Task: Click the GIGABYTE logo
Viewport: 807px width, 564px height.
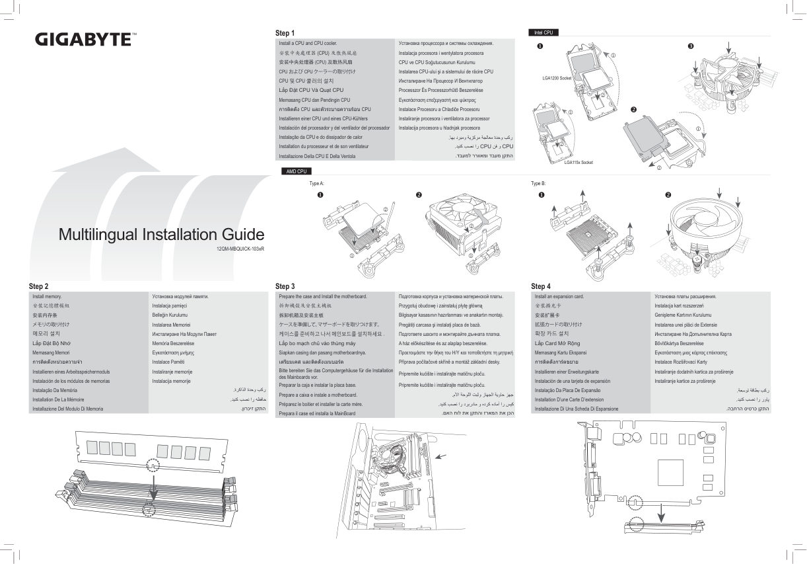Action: click(x=83, y=39)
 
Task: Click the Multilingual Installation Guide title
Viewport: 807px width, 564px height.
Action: click(x=161, y=234)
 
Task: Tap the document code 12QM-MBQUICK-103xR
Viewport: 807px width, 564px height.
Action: click(x=240, y=249)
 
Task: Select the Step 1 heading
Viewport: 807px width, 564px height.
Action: click(x=285, y=33)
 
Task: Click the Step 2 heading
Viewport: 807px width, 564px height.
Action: click(x=39, y=286)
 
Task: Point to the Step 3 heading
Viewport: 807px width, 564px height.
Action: click(x=285, y=286)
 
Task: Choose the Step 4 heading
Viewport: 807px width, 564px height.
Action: click(x=540, y=286)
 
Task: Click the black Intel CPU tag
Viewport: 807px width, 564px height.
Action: click(x=543, y=32)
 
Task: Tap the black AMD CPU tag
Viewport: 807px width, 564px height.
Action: click(x=295, y=171)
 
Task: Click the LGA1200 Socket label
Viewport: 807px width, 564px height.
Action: click(x=556, y=78)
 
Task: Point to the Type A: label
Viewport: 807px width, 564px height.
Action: click(x=316, y=182)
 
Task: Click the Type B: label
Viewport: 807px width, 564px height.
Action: click(x=538, y=182)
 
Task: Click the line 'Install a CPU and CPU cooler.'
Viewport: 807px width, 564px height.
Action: click(x=308, y=43)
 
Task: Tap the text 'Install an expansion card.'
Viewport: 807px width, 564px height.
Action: click(x=559, y=297)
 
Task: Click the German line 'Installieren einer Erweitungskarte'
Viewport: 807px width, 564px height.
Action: click(x=566, y=372)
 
